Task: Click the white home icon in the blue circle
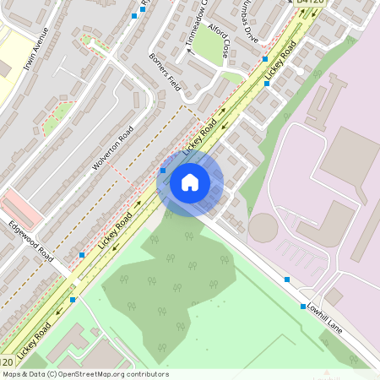[x=190, y=181]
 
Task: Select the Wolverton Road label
[x=113, y=147]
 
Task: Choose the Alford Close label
[x=219, y=41]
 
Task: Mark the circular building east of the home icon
[x=263, y=226]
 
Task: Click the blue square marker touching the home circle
[x=163, y=171]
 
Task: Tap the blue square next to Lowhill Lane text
[x=303, y=307]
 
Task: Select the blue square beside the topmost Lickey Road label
[x=265, y=60]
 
